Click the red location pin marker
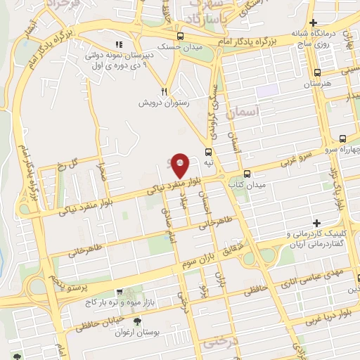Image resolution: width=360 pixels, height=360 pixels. [x=180, y=165]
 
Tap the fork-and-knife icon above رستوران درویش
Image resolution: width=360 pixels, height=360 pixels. [x=164, y=91]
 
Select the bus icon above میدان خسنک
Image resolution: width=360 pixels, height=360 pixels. [x=181, y=36]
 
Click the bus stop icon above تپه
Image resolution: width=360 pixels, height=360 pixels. [x=208, y=151]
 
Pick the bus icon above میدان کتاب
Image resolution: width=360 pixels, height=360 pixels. [x=247, y=173]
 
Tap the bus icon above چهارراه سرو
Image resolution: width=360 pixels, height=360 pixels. [x=342, y=139]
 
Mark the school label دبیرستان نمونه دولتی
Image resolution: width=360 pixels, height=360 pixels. [x=112, y=53]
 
